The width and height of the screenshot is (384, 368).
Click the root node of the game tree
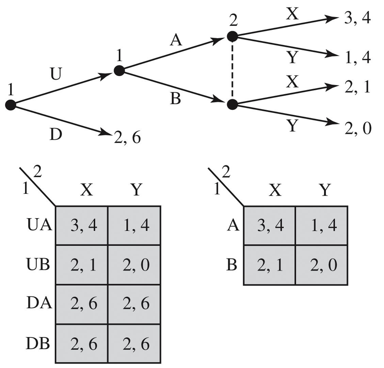(x=11, y=105)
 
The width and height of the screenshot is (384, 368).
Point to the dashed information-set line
(x=232, y=70)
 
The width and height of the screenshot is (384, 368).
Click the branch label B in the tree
(x=176, y=99)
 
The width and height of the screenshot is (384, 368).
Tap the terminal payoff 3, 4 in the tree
(x=357, y=18)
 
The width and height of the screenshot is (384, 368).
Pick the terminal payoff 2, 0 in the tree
(x=357, y=129)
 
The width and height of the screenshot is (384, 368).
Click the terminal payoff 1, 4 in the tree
(x=357, y=58)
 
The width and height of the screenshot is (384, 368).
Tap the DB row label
(x=38, y=344)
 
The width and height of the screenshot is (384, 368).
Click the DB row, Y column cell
(x=134, y=344)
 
